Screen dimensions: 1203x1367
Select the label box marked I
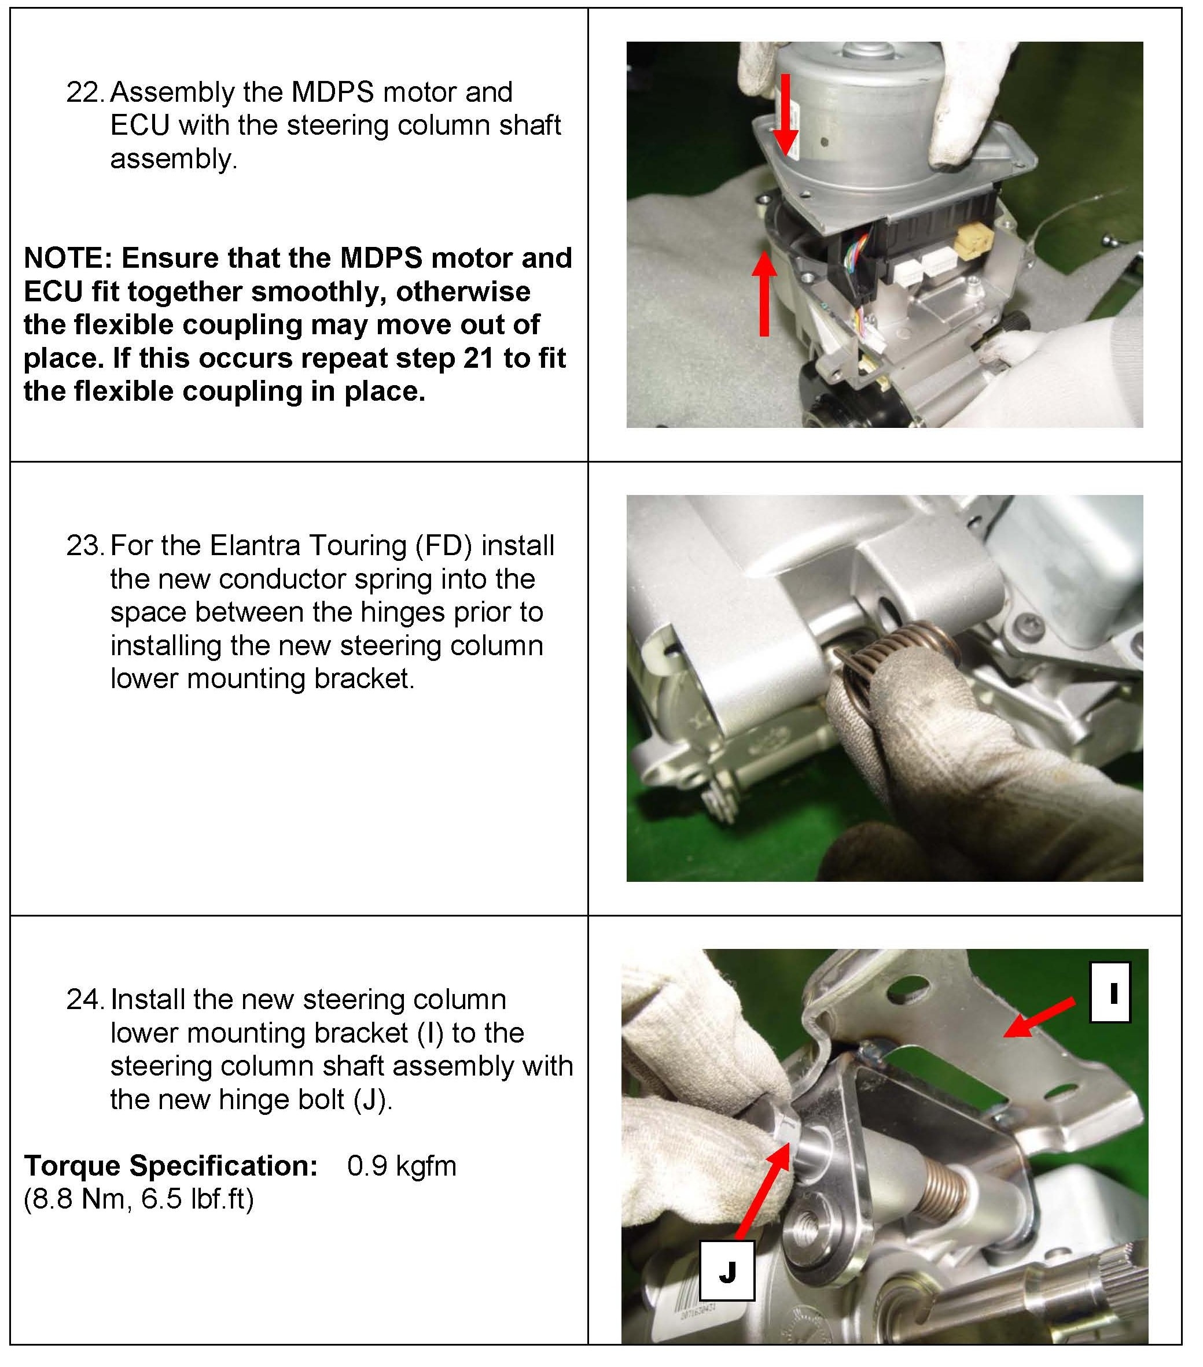click(x=1110, y=992)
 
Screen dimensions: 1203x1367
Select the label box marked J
click(x=727, y=1270)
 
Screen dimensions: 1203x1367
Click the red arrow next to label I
click(x=1039, y=1018)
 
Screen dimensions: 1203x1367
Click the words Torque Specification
click(x=171, y=1166)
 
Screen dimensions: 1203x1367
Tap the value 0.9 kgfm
click(x=402, y=1166)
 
